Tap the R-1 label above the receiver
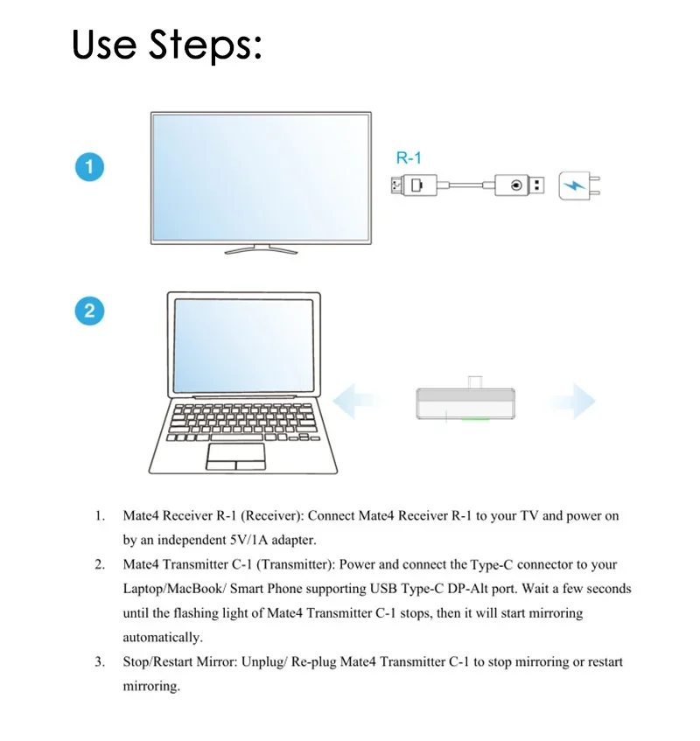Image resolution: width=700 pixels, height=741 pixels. coord(409,158)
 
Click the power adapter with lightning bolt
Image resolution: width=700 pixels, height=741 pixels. coord(577,185)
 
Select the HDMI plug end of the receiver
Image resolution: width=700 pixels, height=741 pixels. coord(410,185)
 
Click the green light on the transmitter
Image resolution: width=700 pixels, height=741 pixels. coord(476,419)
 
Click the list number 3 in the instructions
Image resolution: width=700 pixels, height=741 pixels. coord(100,662)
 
